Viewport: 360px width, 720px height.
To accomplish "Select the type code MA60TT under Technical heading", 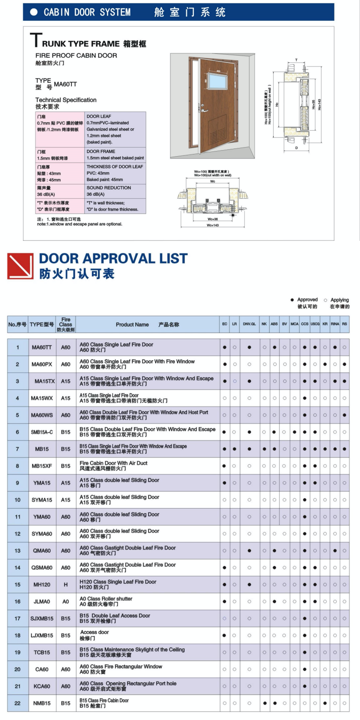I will pyautogui.click(x=65, y=84).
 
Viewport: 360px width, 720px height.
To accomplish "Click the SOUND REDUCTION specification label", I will pyautogui.click(x=108, y=188).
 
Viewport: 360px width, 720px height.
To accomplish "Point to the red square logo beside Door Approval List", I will pyautogui.click(x=20, y=266).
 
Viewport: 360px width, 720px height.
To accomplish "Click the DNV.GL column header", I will pyautogui.click(x=249, y=324).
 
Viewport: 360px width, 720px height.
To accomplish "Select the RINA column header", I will pyautogui.click(x=335, y=324).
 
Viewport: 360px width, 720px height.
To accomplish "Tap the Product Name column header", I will pyautogui.click(x=132, y=325).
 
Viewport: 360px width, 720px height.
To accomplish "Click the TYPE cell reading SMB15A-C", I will pyautogui.click(x=42, y=432).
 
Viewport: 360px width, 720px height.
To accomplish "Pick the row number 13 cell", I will pyautogui.click(x=18, y=551).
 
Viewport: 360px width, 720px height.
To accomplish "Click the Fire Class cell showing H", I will pyautogui.click(x=66, y=585).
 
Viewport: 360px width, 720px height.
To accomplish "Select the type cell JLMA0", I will pyautogui.click(x=42, y=602).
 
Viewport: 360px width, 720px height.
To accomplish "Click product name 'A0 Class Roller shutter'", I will pyautogui.click(x=106, y=599).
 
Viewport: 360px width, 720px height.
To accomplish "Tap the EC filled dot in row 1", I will pyautogui.click(x=225, y=347).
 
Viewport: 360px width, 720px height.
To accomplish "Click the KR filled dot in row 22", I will pyautogui.click(x=325, y=703).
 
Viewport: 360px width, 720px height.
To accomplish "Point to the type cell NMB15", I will pyautogui.click(x=42, y=703).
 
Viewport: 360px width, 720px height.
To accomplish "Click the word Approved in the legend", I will pyautogui.click(x=307, y=300).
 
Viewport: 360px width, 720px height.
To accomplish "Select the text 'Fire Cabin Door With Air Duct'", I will pyautogui.click(x=114, y=463).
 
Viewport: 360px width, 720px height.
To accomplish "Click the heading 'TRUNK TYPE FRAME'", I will pyautogui.click(x=81, y=44).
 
